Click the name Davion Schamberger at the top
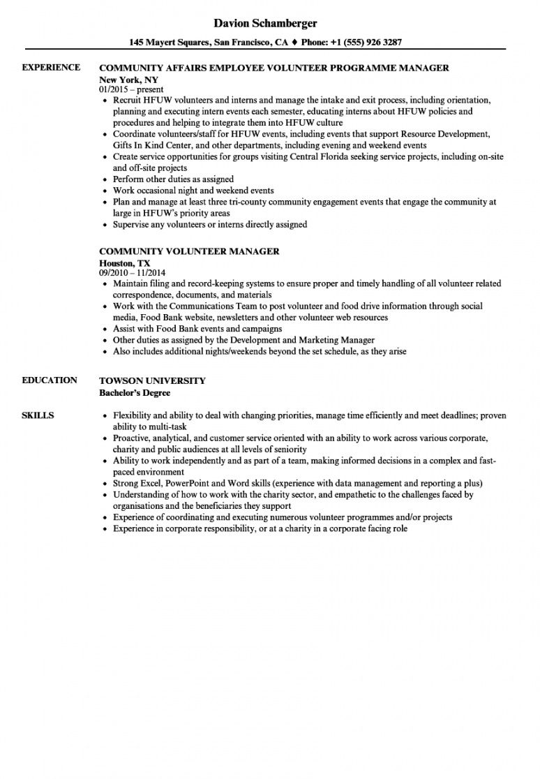pos(265,24)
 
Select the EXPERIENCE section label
pos(51,68)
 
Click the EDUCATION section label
pos(50,380)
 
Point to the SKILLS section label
pos(38,416)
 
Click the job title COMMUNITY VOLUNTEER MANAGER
pos(189,251)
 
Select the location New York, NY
pos(129,80)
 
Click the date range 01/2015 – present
pos(131,89)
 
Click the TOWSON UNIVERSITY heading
pos(152,381)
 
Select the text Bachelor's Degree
pos(135,392)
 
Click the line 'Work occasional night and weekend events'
pos(193,191)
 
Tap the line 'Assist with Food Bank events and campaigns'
pos(197,329)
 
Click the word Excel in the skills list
pos(152,483)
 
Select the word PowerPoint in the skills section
pos(188,483)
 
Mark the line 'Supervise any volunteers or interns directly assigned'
pos(210,225)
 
